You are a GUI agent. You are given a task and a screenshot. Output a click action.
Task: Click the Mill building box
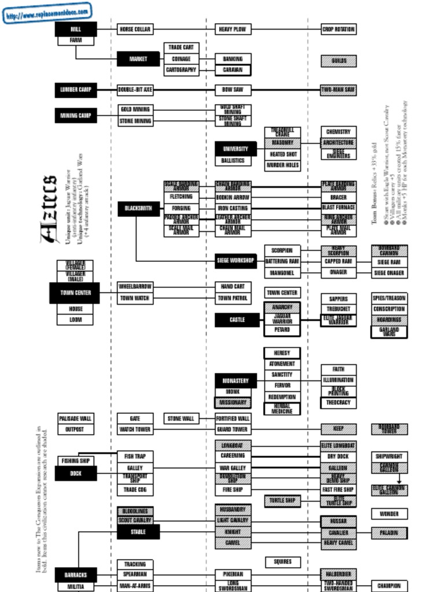[76, 29]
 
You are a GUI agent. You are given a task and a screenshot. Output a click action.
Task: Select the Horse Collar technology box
[135, 29]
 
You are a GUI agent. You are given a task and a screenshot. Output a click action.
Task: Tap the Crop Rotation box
[338, 29]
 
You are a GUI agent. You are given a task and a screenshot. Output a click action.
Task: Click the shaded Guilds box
[338, 61]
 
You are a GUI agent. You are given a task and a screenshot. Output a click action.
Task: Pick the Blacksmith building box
[138, 209]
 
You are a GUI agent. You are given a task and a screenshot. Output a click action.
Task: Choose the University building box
[235, 149]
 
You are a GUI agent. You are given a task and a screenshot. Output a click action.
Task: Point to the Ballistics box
[232, 161]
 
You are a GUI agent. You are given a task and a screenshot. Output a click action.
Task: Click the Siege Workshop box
[235, 261]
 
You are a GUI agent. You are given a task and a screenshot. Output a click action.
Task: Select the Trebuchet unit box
[338, 309]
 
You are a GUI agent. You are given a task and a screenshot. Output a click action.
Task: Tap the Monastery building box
[235, 381]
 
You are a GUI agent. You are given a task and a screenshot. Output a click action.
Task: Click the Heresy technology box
[282, 353]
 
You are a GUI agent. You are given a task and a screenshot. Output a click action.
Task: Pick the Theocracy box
[338, 402]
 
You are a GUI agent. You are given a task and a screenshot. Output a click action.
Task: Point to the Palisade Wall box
[75, 418]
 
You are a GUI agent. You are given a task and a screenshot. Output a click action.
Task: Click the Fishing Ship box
[75, 461]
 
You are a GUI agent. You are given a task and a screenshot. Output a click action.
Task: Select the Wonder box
[389, 513]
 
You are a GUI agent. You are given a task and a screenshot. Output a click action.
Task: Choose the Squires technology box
[282, 561]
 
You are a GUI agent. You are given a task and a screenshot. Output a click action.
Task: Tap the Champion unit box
[389, 586]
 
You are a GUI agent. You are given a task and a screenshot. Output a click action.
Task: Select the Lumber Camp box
[76, 90]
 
